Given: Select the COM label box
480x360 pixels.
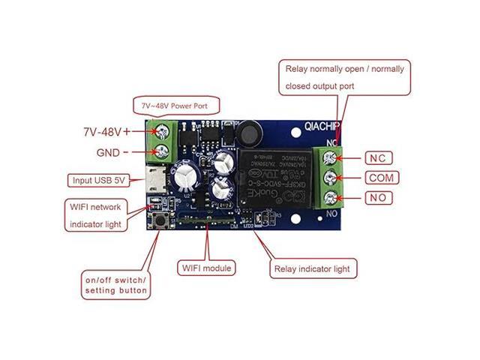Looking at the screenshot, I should pyautogui.click(x=382, y=178).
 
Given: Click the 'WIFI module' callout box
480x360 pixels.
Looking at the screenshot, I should pyautogui.click(x=207, y=268).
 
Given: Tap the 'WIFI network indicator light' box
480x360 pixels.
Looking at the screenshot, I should pyautogui.click(x=103, y=214).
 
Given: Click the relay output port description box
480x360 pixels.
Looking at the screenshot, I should pyautogui.click(x=345, y=77).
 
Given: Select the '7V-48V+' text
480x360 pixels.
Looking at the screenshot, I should pyautogui.click(x=106, y=131).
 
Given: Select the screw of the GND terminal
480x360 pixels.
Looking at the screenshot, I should pyautogui.click(x=160, y=155).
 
